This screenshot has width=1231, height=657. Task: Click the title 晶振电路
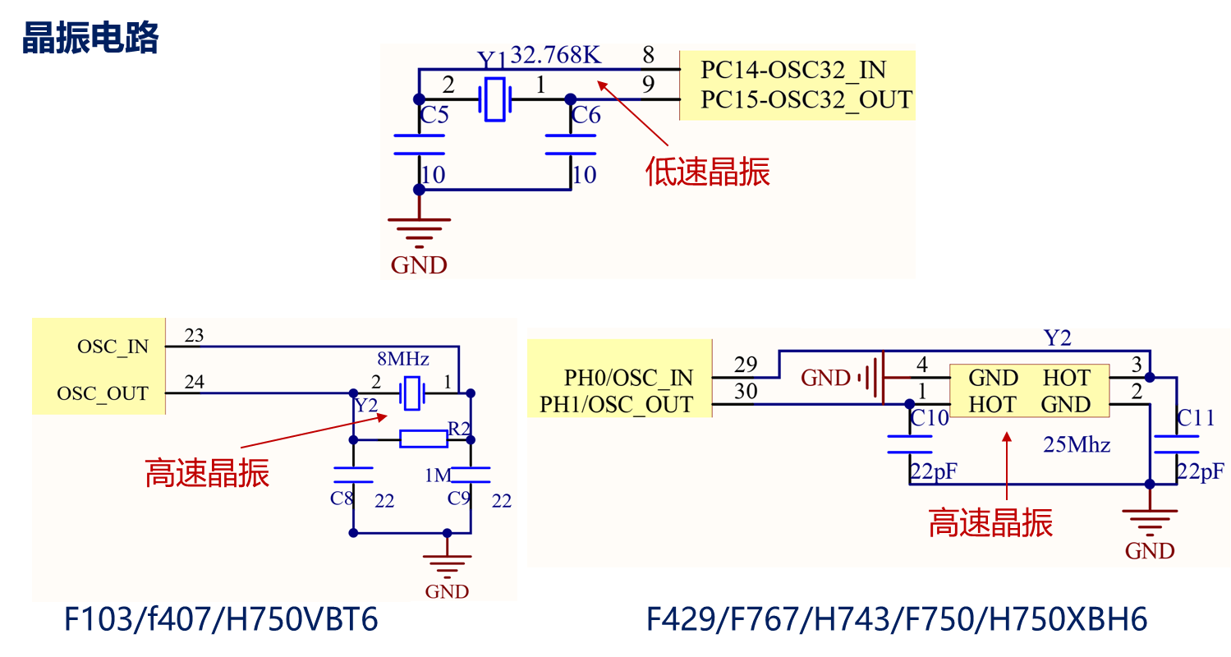pyautogui.click(x=90, y=38)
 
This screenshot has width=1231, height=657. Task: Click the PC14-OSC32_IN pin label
pyautogui.click(x=793, y=70)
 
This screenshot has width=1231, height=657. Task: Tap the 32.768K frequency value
pyautogui.click(x=556, y=55)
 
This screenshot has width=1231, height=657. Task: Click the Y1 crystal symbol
pyautogui.click(x=494, y=100)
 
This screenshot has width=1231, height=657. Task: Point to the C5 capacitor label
pyautogui.click(x=434, y=115)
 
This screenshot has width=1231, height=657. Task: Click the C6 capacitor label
pyautogui.click(x=586, y=115)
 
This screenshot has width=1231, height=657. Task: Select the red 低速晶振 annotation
pyautogui.click(x=708, y=172)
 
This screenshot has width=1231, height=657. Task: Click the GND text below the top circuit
pyautogui.click(x=419, y=265)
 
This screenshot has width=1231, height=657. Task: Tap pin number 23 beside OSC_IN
pyautogui.click(x=195, y=335)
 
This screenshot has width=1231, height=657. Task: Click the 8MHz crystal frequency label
pyautogui.click(x=403, y=360)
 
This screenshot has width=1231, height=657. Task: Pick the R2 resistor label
pyautogui.click(x=459, y=428)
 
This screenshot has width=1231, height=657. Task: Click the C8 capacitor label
pyautogui.click(x=342, y=498)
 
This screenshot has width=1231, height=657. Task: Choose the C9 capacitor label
pyautogui.click(x=459, y=498)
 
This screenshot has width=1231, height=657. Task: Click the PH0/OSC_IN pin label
pyautogui.click(x=628, y=378)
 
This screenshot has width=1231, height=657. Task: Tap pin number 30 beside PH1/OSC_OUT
pyautogui.click(x=746, y=392)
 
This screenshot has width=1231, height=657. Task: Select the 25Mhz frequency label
pyautogui.click(x=1077, y=445)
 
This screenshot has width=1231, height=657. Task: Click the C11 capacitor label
pyautogui.click(x=1196, y=418)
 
